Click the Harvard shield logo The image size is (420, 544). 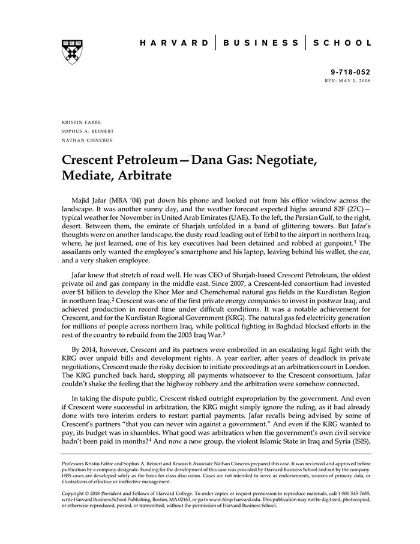[x=72, y=52]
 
